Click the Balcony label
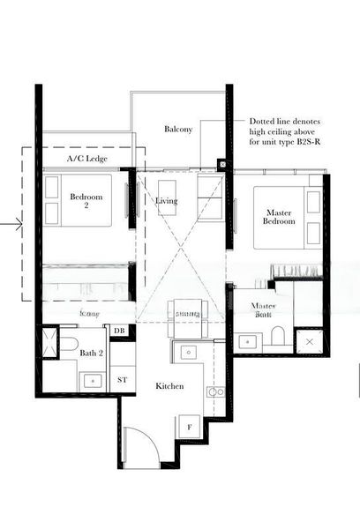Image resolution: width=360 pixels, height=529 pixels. click(x=178, y=130)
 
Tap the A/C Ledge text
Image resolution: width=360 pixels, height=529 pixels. click(x=87, y=160)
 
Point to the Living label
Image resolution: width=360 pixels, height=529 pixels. click(x=167, y=202)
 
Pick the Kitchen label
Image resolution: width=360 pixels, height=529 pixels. click(x=169, y=386)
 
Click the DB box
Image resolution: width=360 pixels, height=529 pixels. click(x=119, y=331)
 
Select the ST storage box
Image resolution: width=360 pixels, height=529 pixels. click(x=122, y=379)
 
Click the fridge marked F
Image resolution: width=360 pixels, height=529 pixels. click(x=188, y=428)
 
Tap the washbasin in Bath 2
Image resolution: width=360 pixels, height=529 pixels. click(x=91, y=380)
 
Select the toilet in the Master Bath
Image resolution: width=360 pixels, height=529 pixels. click(x=278, y=335)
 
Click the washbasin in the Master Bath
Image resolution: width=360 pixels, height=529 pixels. click(x=248, y=339)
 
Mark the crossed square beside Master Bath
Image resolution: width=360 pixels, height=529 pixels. click(x=311, y=340)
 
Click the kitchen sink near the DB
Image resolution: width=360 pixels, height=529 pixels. click(x=187, y=352)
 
